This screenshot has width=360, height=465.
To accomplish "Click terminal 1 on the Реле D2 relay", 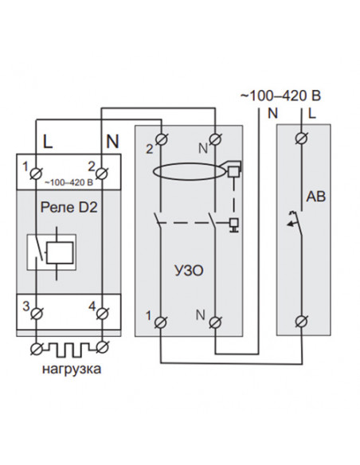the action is pos(37,174).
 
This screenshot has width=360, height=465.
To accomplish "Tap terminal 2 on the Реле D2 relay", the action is pos(102,174).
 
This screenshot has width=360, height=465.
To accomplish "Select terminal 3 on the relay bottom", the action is pos(37,313).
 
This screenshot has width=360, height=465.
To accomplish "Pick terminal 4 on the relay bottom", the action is pos(102,313).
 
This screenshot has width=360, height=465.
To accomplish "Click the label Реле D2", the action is pos(68,207).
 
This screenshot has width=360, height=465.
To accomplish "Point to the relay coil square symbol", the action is pos(61,252).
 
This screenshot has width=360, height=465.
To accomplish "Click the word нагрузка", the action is pos(72,369).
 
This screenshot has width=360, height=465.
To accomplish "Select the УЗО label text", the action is pos(189,271).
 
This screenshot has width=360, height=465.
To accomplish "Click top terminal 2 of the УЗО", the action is pos(162,139).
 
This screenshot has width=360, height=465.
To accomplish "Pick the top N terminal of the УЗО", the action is pos(215,139).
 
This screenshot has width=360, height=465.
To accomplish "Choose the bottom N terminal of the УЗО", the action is pos(215,322).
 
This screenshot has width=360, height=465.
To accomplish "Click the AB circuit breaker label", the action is pos(315,197).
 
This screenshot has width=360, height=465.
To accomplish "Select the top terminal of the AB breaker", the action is pos(302,138).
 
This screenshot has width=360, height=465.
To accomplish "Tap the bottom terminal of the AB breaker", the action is pos(302,322).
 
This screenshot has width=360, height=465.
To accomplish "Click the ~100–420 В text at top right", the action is pos(280,96).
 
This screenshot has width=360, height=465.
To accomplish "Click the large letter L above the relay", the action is pos(48,142).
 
